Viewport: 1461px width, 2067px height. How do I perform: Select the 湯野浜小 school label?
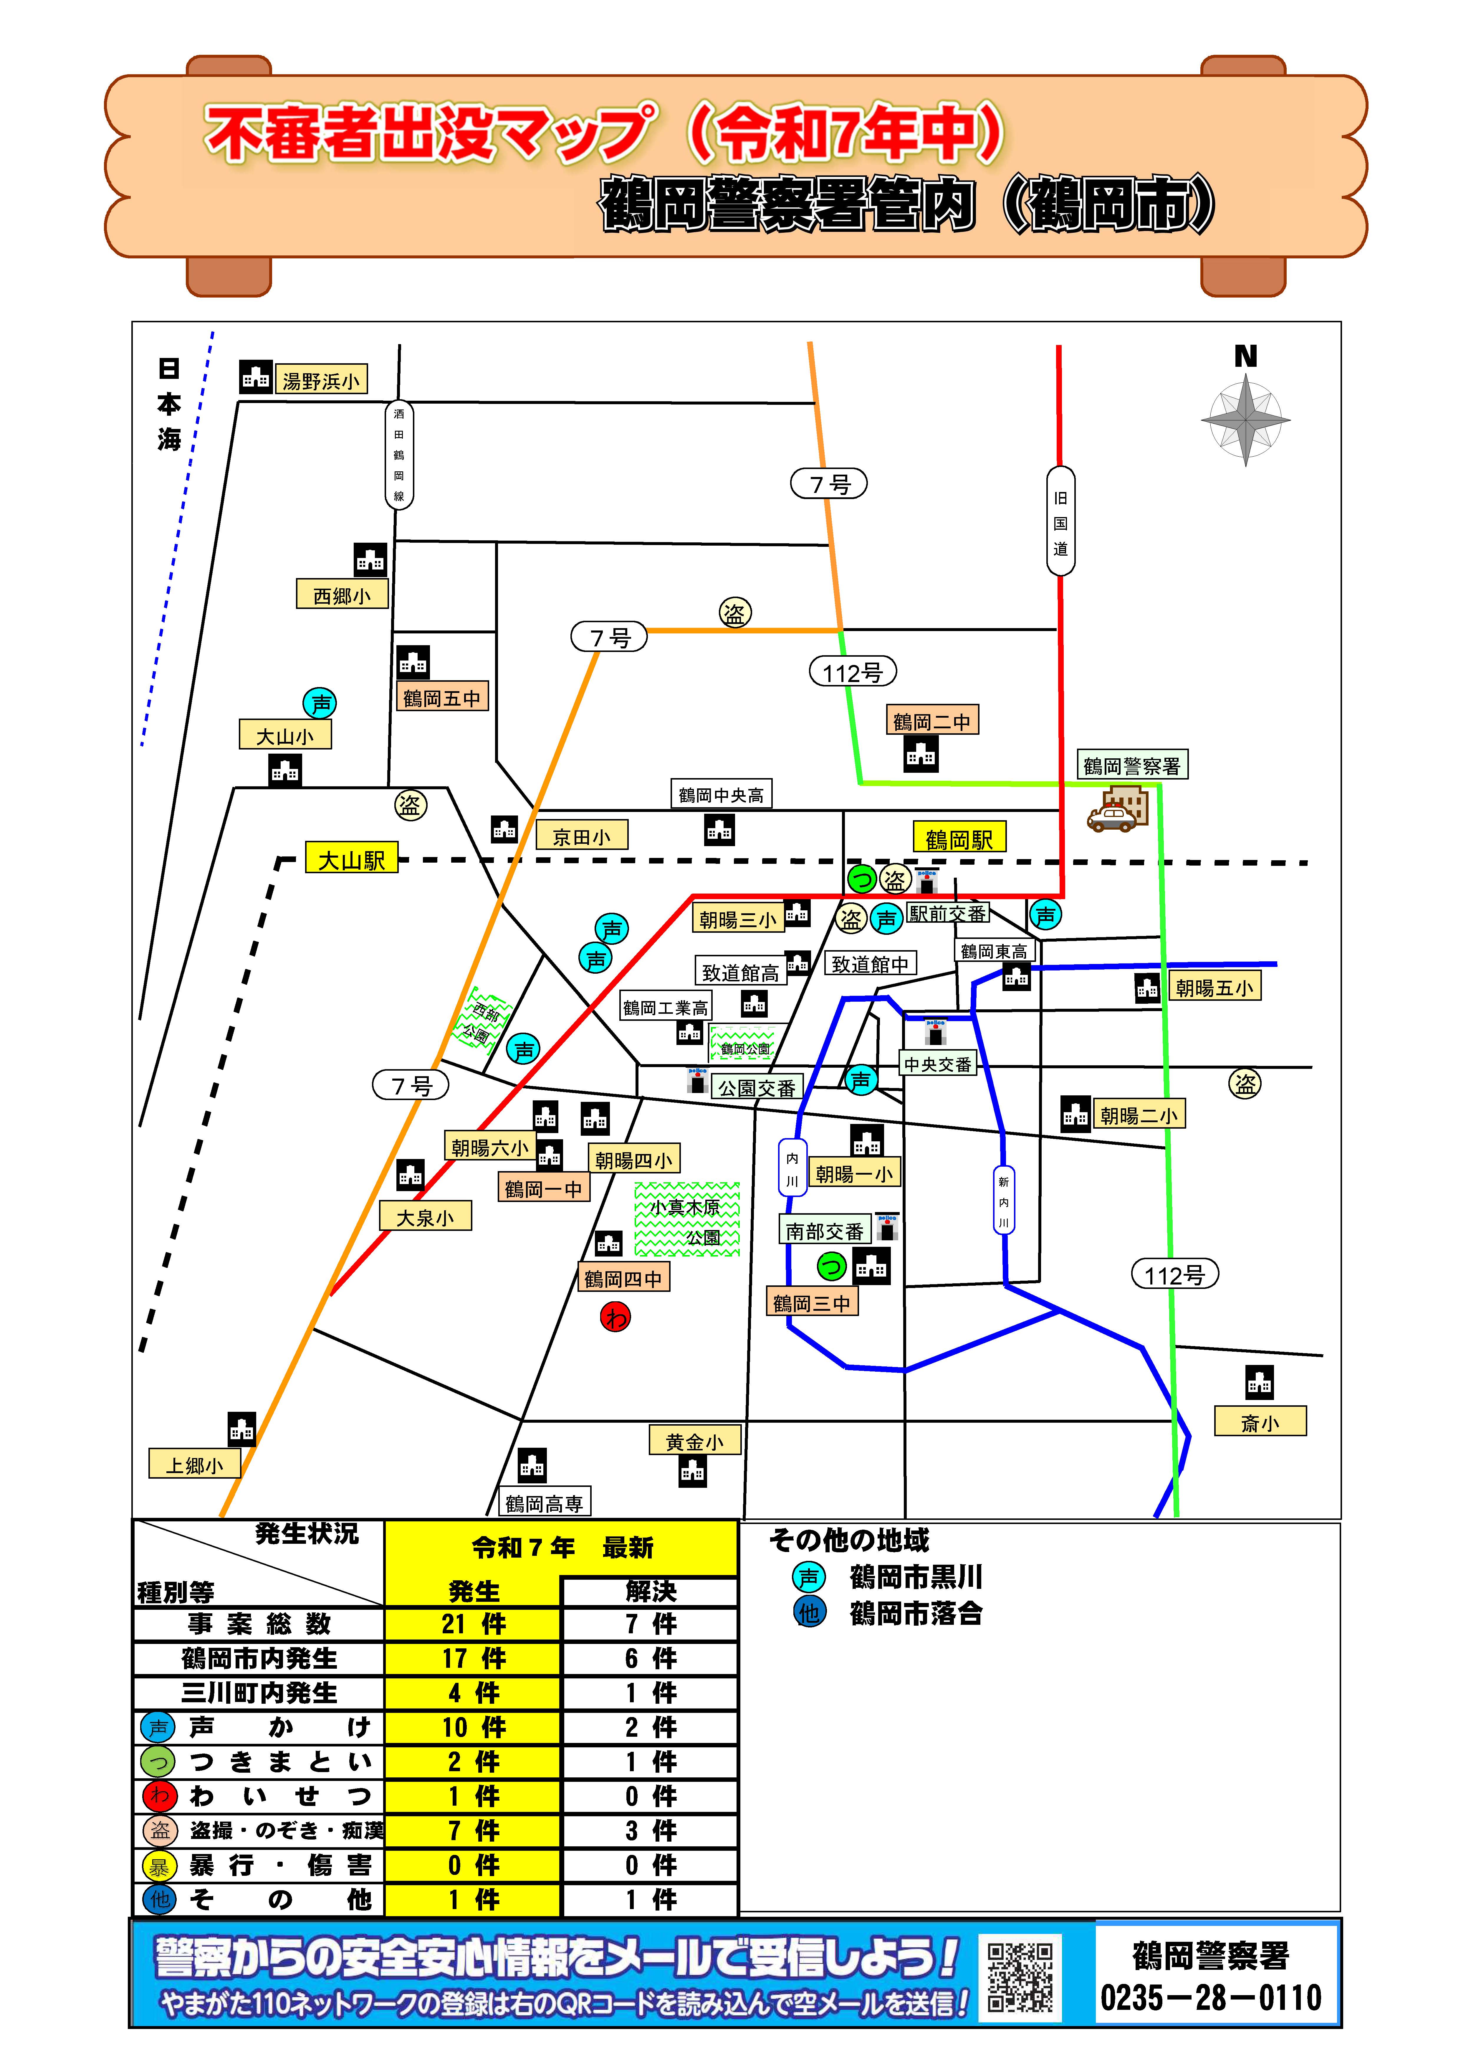pyautogui.click(x=320, y=381)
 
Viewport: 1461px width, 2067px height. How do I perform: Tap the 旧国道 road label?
pyautogui.click(x=1060, y=522)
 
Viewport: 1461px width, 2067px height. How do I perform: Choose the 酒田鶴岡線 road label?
pyautogui.click(x=399, y=455)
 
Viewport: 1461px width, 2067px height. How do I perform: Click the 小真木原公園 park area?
pyautogui.click(x=687, y=1220)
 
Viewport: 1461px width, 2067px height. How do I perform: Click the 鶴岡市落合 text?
pyautogui.click(x=916, y=1613)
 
